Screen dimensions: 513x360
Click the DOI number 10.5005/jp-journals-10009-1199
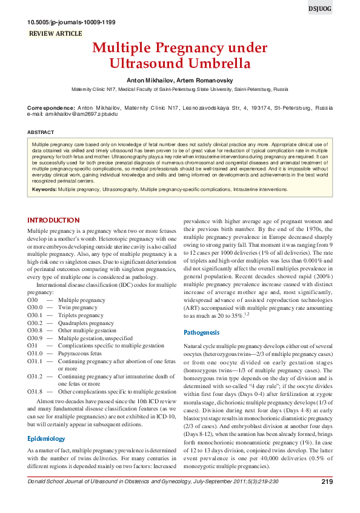pos(72,22)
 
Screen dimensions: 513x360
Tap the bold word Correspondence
pos(51,108)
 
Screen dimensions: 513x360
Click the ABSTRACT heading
pos(41,132)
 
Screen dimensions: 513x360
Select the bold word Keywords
pos(44,189)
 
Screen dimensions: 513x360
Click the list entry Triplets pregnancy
pos(81,315)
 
